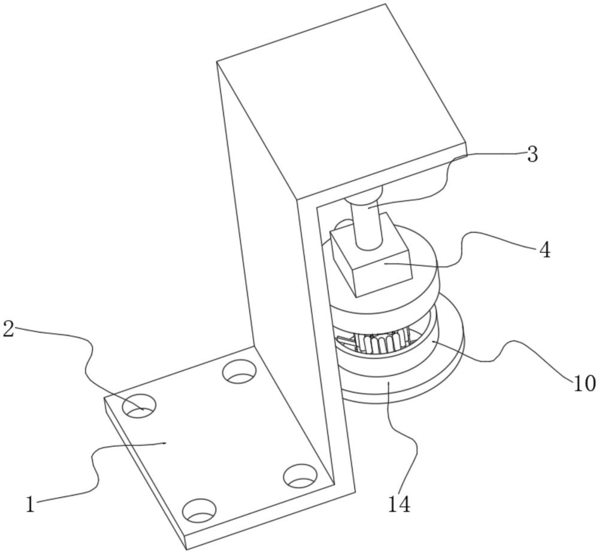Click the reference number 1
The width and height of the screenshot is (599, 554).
(31, 504)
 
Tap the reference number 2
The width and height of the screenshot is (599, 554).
(8, 329)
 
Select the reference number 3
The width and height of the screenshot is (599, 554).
(532, 155)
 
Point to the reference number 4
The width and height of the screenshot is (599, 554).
(544, 250)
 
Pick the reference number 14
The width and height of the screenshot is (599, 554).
(398, 504)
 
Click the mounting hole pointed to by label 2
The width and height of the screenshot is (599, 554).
(139, 407)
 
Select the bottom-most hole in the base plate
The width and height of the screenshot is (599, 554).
(199, 511)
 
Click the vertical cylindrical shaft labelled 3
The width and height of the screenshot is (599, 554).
(367, 224)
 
